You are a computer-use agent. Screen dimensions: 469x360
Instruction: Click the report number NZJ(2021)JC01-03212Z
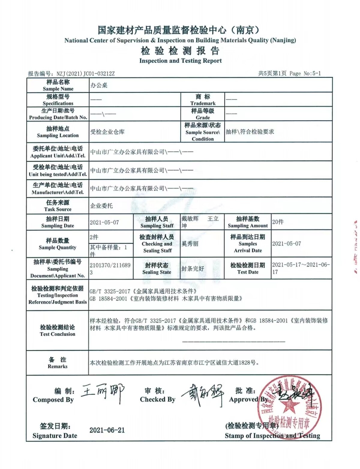click(x=85, y=74)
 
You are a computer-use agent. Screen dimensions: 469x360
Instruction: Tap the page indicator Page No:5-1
click(x=305, y=73)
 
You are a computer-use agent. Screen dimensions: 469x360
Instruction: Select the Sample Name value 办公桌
click(x=99, y=85)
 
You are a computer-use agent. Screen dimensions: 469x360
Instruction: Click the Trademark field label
click(x=203, y=100)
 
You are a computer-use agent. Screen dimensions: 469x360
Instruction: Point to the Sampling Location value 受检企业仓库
click(x=107, y=132)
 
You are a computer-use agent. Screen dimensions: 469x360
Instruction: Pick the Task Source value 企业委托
click(x=101, y=206)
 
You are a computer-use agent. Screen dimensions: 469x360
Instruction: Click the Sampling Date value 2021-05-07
click(x=104, y=222)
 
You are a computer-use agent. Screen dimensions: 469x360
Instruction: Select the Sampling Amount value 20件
click(x=278, y=222)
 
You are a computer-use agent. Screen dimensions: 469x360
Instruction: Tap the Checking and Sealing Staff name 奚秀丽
click(x=190, y=244)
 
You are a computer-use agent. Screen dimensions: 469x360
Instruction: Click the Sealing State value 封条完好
click(x=193, y=269)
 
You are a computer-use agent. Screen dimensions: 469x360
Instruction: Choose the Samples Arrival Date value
click(x=286, y=244)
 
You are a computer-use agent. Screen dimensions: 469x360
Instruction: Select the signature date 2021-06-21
click(x=107, y=430)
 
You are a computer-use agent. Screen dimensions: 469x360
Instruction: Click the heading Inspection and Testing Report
click(x=180, y=61)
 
